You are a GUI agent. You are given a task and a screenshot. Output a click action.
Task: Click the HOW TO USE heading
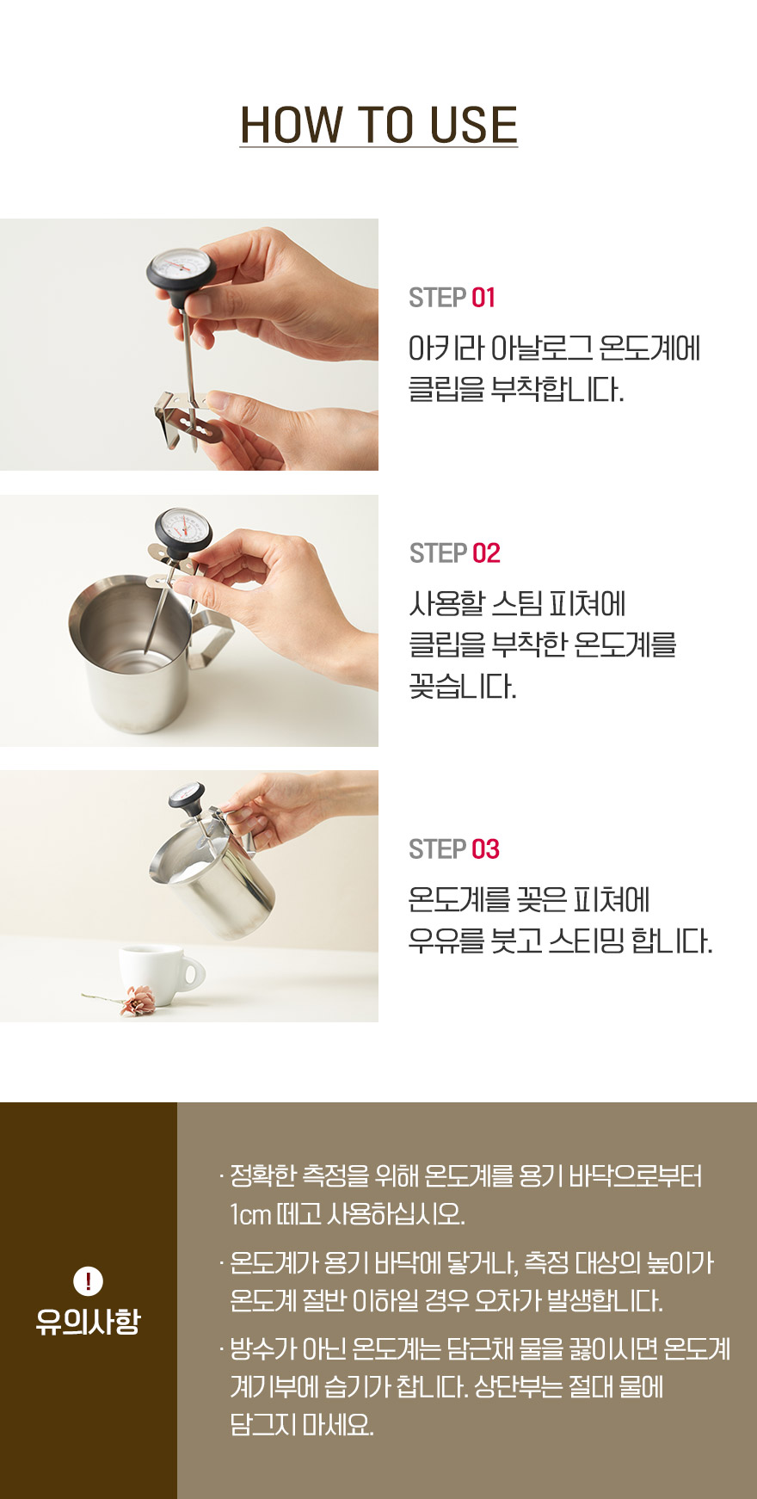pyautogui.click(x=378, y=125)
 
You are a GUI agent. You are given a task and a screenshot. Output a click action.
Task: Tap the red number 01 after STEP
pyautogui.click(x=483, y=298)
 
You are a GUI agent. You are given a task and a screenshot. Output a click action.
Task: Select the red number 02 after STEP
pyautogui.click(x=486, y=553)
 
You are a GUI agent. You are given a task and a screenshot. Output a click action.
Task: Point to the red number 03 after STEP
pyautogui.click(x=485, y=849)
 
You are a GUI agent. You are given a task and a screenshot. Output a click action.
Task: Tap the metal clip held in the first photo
pyautogui.click(x=189, y=417)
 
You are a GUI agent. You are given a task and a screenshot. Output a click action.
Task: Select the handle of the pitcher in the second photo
pyautogui.click(x=212, y=634)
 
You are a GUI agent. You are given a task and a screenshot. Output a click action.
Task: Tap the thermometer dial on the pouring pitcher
pyautogui.click(x=187, y=796)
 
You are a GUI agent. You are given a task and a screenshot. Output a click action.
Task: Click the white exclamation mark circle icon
pyautogui.click(x=88, y=1281)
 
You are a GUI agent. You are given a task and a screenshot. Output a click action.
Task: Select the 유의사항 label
pyautogui.click(x=88, y=1322)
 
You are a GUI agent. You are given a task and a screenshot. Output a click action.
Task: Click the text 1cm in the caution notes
pyautogui.click(x=249, y=1214)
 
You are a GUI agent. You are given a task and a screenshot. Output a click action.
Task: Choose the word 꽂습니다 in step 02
pyautogui.click(x=462, y=686)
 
